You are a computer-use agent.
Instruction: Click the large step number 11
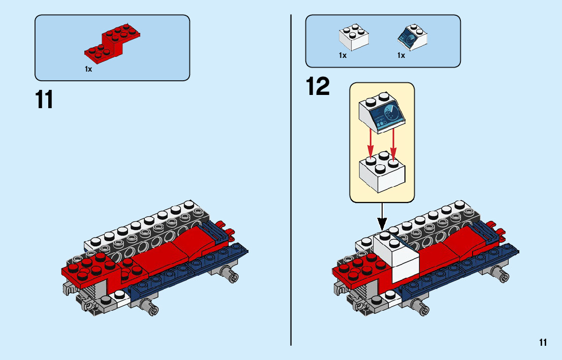coord(45,100)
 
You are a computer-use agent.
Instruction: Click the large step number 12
coord(318,86)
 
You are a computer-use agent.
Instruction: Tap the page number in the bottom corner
coord(543,343)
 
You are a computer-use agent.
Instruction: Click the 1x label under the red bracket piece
coord(88,69)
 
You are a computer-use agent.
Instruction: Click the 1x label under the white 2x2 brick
coord(343,55)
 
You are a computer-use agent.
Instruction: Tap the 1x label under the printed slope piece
coord(401,55)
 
